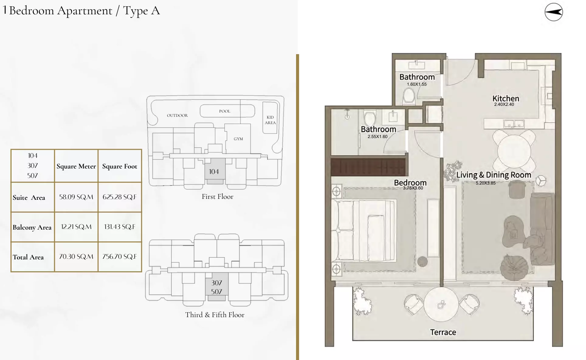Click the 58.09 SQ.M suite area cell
[x=76, y=197]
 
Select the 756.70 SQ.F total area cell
[x=119, y=257]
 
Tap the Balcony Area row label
[x=32, y=227]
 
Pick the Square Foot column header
[x=119, y=166]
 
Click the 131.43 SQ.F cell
[x=119, y=227]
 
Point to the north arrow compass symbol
[x=553, y=12]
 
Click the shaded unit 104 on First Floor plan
[x=214, y=171]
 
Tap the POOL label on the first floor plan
[x=225, y=111]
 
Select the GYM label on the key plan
[x=238, y=139]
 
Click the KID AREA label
[x=270, y=120]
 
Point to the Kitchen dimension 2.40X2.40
[x=504, y=104]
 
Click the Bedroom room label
[x=410, y=182]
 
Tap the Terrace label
[x=443, y=332]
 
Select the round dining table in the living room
[x=514, y=151]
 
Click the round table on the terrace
[x=441, y=304]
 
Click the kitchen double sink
[x=514, y=123]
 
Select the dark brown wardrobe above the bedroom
[x=368, y=167]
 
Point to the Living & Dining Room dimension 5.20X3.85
[x=485, y=183]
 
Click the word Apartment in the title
[x=85, y=11]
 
